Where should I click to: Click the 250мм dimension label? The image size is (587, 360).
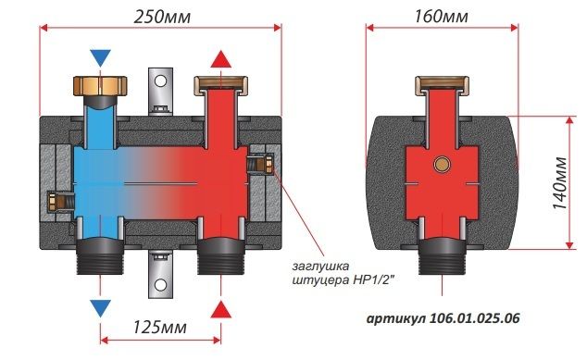pos(162,17)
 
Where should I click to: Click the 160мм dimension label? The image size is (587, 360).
pos(441,17)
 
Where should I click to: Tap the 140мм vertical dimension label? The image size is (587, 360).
pos(560,183)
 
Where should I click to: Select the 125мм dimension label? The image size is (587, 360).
pos(160,327)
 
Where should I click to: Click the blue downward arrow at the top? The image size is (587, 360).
pos(100,57)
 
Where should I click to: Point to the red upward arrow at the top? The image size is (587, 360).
pos(221,58)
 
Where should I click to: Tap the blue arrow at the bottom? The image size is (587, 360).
pos(100,308)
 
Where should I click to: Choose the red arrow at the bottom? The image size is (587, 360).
pos(221,309)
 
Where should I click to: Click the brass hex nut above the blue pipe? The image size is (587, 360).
pos(100,86)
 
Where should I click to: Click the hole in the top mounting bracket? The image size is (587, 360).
pos(160,81)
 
